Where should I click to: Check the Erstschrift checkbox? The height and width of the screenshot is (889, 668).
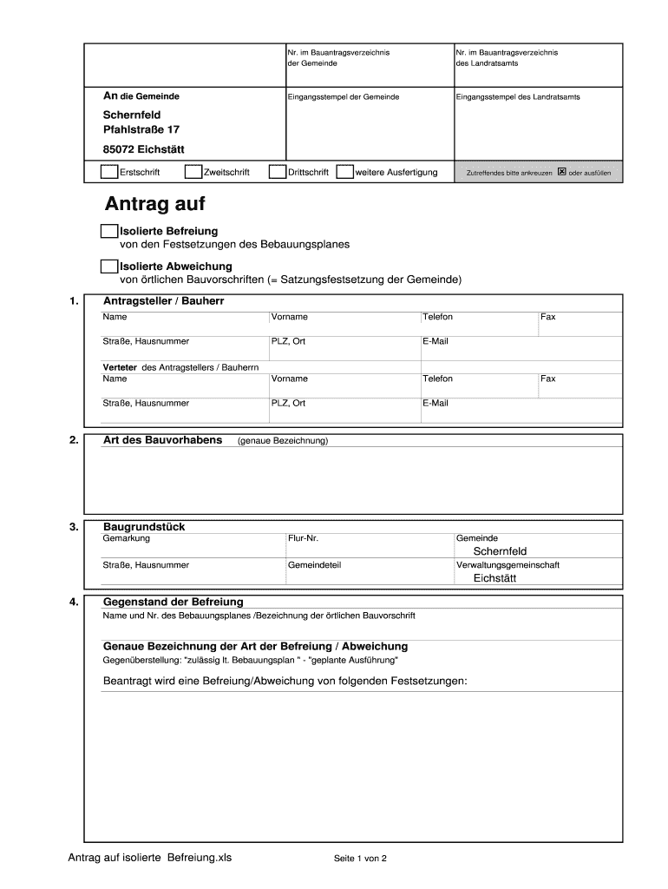click(x=109, y=172)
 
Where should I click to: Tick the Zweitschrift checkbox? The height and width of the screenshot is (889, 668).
click(x=193, y=172)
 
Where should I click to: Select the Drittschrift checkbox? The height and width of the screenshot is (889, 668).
click(x=278, y=172)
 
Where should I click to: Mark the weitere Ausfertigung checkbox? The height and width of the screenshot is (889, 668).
click(x=344, y=172)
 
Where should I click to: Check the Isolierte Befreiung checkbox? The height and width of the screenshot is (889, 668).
click(x=109, y=231)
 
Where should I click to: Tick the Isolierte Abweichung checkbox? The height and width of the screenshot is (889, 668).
click(x=109, y=266)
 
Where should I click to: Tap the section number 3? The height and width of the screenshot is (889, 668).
click(x=74, y=527)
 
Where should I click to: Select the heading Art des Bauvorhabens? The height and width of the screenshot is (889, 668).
click(x=162, y=440)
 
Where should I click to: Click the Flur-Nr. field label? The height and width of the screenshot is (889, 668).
click(x=304, y=538)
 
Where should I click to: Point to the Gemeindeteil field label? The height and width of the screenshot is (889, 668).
click(x=314, y=565)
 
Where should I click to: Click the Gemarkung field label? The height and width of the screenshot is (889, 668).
click(x=127, y=538)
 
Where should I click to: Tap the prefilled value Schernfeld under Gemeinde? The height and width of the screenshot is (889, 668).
click(x=500, y=551)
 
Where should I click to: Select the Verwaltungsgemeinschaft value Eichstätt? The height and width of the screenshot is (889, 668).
click(x=494, y=578)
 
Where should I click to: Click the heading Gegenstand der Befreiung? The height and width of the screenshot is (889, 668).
click(x=174, y=602)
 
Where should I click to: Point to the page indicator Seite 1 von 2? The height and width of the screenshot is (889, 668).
click(x=360, y=859)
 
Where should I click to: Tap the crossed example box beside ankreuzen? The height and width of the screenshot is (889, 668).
click(x=561, y=172)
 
